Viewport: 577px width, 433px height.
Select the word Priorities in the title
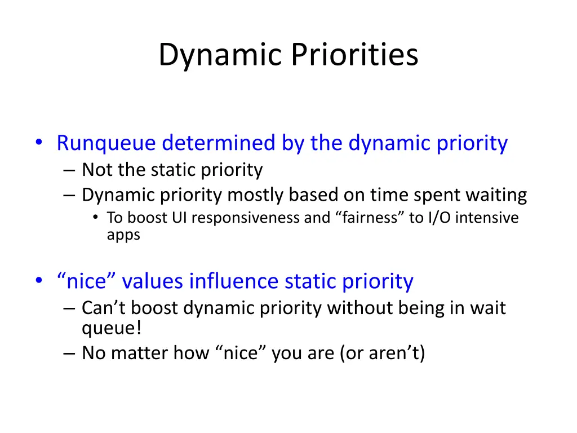[355, 54]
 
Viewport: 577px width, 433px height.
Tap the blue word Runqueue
[106, 144]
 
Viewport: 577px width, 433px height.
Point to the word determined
[219, 143]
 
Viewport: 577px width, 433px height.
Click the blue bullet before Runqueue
[39, 142]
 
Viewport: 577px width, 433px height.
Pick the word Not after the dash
[97, 170]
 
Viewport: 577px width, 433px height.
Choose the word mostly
[255, 195]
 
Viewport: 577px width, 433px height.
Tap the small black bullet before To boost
[96, 217]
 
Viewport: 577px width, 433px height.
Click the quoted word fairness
[370, 218]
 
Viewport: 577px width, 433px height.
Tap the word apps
[123, 235]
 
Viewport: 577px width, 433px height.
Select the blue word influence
[234, 281]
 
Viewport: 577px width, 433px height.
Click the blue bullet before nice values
[39, 281]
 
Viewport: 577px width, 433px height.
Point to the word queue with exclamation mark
[112, 328]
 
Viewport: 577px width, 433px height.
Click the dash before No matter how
[69, 354]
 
